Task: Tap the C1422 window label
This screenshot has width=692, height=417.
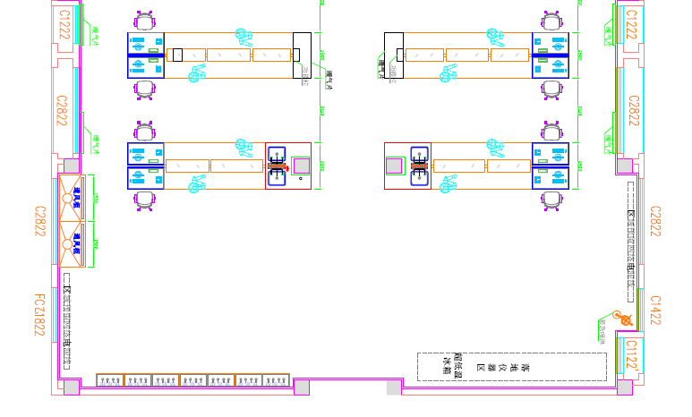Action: pos(655,312)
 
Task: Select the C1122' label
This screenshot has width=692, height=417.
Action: pos(632,354)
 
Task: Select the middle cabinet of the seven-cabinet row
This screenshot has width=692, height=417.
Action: pos(193,379)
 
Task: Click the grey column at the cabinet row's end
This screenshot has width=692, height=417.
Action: pos(302,387)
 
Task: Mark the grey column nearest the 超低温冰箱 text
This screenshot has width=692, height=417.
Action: pos(394,387)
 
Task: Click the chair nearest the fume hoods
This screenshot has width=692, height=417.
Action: pos(145,200)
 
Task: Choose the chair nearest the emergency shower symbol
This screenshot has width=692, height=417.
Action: pos(553,200)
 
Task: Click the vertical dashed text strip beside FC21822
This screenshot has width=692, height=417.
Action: pos(68,318)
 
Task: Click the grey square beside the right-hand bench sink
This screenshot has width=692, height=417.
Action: pos(393,166)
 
